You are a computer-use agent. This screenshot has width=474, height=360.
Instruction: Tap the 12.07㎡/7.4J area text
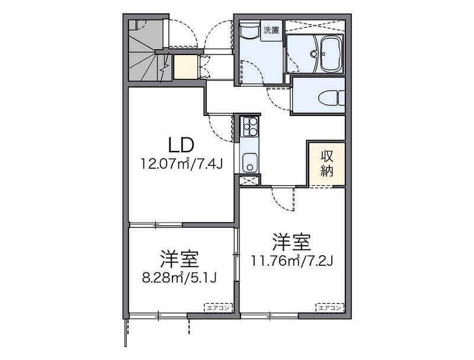(x=181, y=164)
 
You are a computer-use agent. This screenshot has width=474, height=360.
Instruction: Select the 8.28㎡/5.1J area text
(x=180, y=278)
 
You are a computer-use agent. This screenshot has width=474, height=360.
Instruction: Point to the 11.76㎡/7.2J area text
(x=292, y=261)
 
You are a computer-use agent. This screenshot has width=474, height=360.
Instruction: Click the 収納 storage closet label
(x=327, y=163)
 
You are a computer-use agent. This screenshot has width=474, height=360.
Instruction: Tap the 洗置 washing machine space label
(x=271, y=30)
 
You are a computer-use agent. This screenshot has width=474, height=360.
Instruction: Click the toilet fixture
(x=332, y=98)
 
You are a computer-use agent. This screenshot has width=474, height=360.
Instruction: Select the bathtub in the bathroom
(x=332, y=54)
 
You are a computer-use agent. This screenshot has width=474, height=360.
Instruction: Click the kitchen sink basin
(x=249, y=163)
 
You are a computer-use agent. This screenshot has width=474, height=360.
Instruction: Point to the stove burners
(x=249, y=126)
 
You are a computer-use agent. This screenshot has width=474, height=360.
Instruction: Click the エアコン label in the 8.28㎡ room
(x=218, y=308)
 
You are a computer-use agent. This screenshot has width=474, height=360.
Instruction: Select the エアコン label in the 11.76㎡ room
(x=330, y=308)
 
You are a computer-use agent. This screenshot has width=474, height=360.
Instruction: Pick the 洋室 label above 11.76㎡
(x=292, y=242)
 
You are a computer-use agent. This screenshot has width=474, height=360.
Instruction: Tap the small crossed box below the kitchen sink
(x=249, y=181)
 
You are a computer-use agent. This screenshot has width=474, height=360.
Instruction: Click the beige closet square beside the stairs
(x=186, y=66)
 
